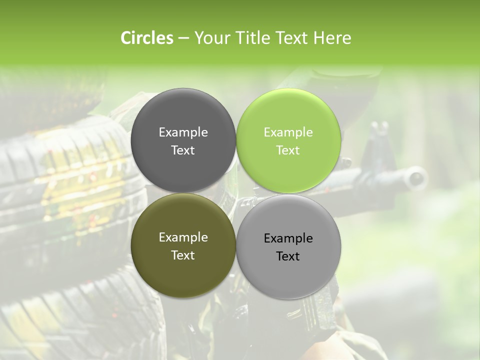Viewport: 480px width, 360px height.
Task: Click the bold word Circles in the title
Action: click(x=147, y=38)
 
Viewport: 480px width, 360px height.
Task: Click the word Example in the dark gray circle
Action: click(x=183, y=132)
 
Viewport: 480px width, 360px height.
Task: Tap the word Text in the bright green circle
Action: click(x=288, y=150)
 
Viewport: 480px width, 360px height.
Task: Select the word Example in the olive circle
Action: click(x=183, y=237)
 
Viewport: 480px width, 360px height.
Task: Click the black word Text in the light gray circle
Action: click(x=288, y=256)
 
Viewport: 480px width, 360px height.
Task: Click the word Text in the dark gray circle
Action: click(x=183, y=150)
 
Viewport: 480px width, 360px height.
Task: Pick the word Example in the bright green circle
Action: click(x=288, y=132)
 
